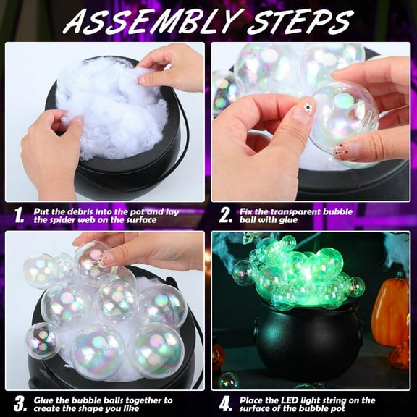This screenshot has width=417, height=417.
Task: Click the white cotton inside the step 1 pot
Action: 109,116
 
